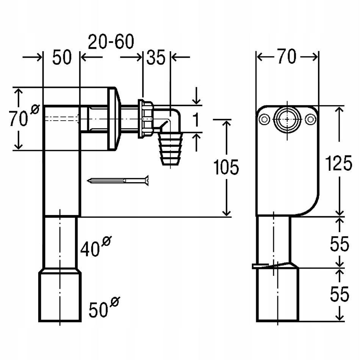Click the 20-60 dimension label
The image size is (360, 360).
(x=111, y=42)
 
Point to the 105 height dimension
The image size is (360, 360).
(x=226, y=167)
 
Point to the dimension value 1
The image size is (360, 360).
(x=196, y=121)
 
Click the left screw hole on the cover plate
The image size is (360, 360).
(x=263, y=119)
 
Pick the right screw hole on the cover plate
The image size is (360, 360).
(x=311, y=119)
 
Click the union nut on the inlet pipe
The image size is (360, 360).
(x=146, y=119)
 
